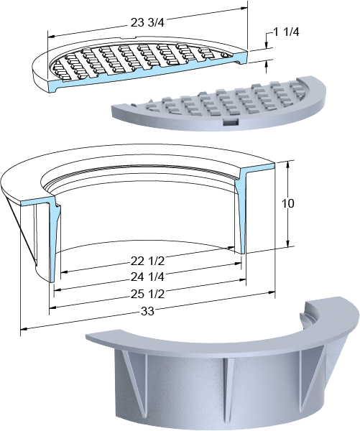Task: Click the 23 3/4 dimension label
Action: (x=147, y=23)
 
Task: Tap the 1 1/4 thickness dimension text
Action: (x=286, y=32)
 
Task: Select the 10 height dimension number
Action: (x=288, y=203)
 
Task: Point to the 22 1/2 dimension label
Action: (x=147, y=261)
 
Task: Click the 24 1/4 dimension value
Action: (x=147, y=277)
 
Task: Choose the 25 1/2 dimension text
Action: (x=147, y=294)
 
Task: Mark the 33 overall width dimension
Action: (x=148, y=312)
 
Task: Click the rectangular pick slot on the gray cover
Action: (x=230, y=122)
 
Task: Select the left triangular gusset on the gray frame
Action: (x=136, y=375)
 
